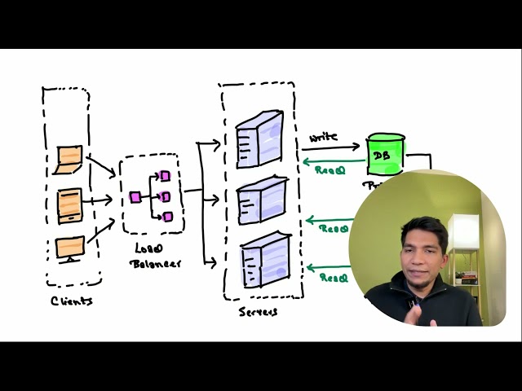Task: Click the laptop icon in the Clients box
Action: click(69, 159)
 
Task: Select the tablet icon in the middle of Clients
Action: click(70, 204)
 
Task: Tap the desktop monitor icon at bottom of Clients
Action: click(70, 248)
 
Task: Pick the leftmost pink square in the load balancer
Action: click(135, 197)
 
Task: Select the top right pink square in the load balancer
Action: click(165, 176)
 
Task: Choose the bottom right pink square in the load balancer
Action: click(167, 217)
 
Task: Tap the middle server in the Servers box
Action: click(260, 200)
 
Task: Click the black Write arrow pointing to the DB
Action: click(330, 148)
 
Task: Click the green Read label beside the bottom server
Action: click(333, 278)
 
